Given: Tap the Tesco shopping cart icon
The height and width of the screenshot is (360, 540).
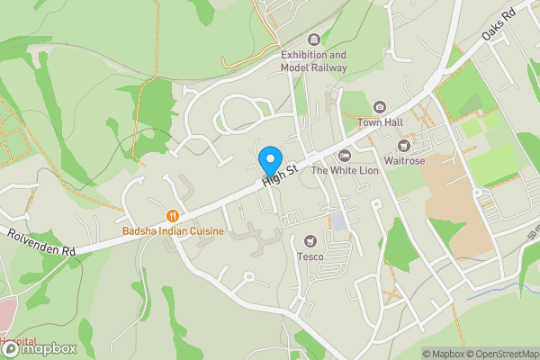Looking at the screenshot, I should point(310,240).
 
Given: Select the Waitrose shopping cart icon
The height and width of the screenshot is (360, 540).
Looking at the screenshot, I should point(404,146).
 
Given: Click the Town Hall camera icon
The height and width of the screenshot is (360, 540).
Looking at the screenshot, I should point(379,107).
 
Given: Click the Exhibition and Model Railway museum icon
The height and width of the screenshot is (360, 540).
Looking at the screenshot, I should point(313,39).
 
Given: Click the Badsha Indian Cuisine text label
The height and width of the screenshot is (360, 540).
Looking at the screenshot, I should point(173,231).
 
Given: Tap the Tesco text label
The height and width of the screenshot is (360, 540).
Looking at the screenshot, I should point(310,256).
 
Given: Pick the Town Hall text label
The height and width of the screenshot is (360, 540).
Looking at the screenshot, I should point(379,121).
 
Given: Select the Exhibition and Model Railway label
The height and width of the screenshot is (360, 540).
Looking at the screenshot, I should point(313,60).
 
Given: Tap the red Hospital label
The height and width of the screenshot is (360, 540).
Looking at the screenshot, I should point(18,343).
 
